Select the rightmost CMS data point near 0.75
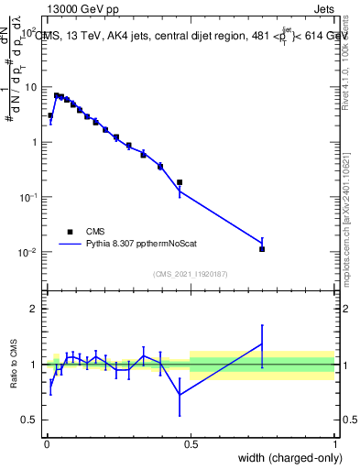click(262, 249)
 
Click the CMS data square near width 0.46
click(180, 182)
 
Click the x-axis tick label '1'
click(334, 443)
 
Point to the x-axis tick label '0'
click(46, 443)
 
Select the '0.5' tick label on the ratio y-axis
click(31, 420)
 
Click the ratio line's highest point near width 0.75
click(262, 344)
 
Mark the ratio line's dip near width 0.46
click(180, 394)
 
